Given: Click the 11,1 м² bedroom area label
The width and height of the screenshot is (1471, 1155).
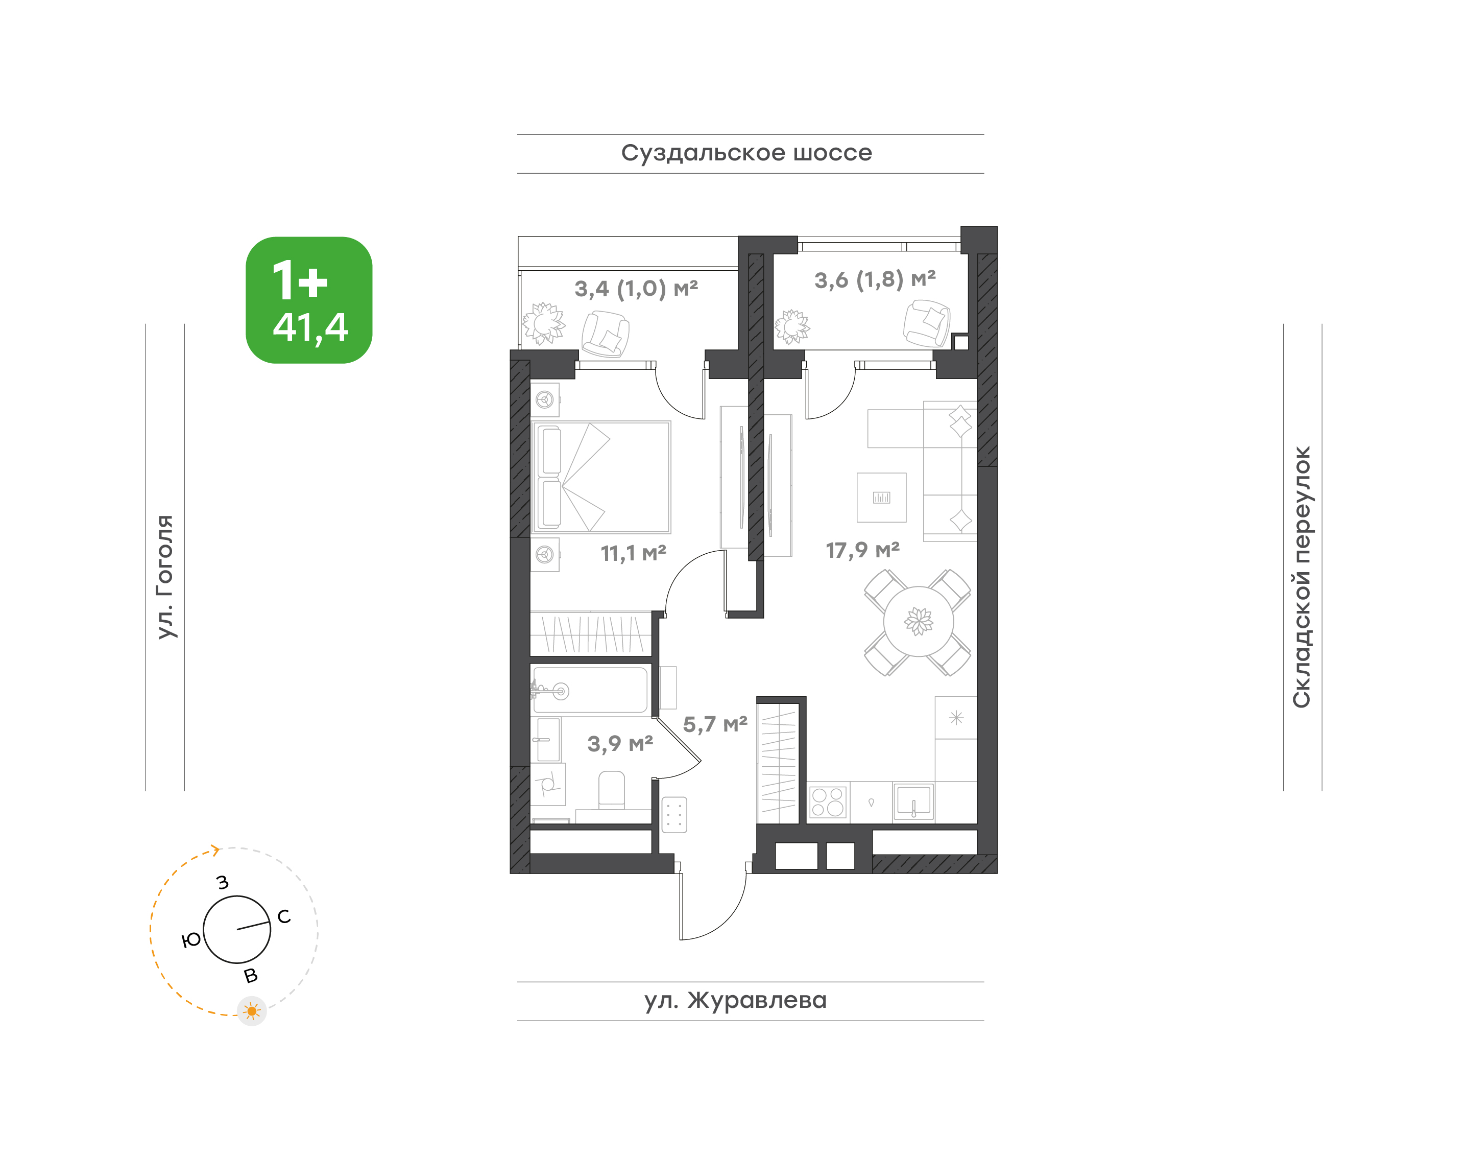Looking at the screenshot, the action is coord(634,554).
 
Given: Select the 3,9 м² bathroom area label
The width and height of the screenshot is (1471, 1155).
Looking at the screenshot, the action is coord(620,744).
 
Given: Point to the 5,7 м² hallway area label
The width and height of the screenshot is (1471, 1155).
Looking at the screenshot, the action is coord(715,725).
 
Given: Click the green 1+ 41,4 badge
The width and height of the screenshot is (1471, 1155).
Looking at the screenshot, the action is coord(309,300).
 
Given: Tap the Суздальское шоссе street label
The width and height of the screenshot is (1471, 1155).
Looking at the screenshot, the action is coord(746,153).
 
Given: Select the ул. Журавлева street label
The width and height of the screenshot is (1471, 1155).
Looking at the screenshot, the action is coord(735,1000).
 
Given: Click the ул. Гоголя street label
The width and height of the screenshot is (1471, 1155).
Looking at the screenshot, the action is coord(165,576).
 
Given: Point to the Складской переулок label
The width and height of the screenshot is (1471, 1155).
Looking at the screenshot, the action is coord(1301,577).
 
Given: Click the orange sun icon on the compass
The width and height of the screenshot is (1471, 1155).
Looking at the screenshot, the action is coord(252,1011).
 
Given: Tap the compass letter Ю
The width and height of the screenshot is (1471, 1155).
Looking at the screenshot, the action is coord(192,940).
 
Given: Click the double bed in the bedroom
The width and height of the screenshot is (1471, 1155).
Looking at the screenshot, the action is coord(601,478).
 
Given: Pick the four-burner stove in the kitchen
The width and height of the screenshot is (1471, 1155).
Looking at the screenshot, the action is coord(828,802).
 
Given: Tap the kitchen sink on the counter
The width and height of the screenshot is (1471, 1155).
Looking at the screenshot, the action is coord(913,802).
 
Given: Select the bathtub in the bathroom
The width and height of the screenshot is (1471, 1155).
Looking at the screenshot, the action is coord(590,690).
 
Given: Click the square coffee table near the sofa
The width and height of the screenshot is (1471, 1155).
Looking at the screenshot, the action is coord(881,498).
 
